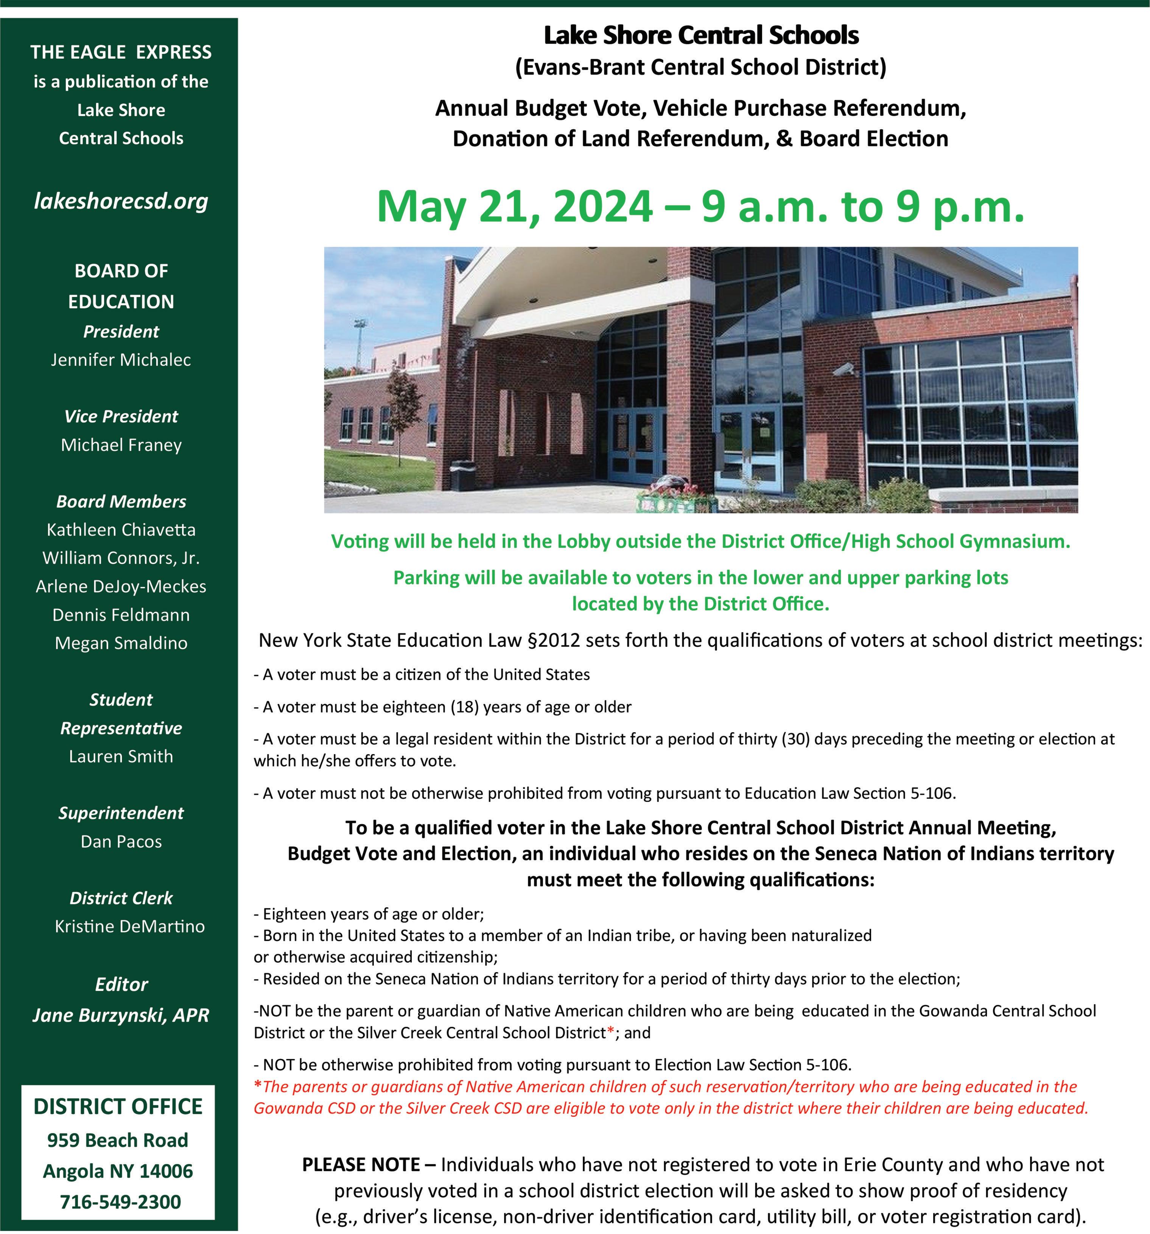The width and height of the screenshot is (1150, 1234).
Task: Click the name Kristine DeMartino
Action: (x=129, y=926)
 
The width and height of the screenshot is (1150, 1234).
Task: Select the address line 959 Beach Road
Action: (x=117, y=1140)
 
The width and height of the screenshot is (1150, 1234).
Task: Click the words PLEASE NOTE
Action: (x=361, y=1164)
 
